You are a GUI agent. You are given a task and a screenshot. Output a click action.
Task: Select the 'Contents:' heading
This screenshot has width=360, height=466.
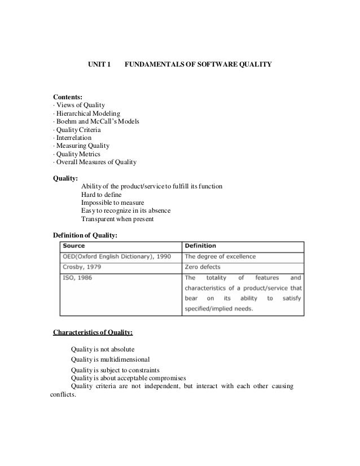(x=67, y=97)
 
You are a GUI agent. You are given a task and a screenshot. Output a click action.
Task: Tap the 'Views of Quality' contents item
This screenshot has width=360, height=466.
(x=80, y=105)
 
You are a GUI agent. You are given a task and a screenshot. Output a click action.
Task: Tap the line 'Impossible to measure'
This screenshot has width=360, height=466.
(x=113, y=203)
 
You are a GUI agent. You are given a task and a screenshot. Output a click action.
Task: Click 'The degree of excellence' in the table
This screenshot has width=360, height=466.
(x=220, y=257)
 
